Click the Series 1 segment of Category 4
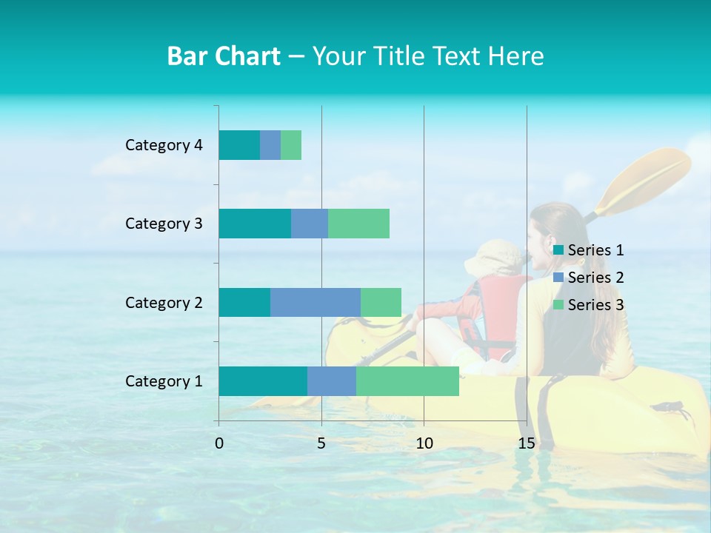click(239, 145)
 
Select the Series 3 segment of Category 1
click(407, 381)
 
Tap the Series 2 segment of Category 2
click(316, 302)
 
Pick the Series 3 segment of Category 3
click(358, 224)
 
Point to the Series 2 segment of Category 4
click(270, 145)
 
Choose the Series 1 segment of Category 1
click(263, 381)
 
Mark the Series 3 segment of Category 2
click(381, 302)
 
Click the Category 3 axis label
click(164, 224)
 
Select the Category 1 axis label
click(164, 381)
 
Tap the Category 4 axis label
click(164, 145)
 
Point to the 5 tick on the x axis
click(321, 444)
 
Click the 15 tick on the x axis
click(526, 444)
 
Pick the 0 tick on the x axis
click(219, 444)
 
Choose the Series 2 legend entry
click(588, 278)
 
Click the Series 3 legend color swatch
click(558, 305)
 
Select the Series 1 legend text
click(595, 250)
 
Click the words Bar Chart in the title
click(224, 56)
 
